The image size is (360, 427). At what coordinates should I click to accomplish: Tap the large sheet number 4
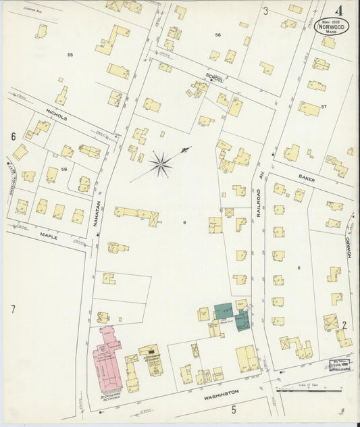coord(337,9)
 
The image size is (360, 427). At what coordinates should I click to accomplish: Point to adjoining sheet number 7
coord(12,309)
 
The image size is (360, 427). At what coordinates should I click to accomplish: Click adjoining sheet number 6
coord(13,136)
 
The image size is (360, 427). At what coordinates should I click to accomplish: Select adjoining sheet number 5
coord(234,409)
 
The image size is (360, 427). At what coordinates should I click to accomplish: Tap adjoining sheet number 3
coord(265,11)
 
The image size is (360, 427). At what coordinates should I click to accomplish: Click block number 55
coord(70,54)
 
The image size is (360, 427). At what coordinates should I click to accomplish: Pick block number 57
coord(324,107)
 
